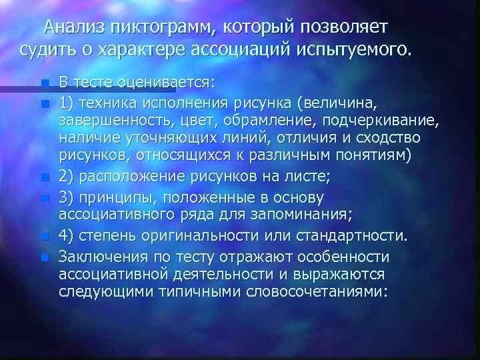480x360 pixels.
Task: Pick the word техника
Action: pyautogui.click(x=107, y=104)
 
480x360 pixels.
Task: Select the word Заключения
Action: pyautogui.click(x=101, y=257)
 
